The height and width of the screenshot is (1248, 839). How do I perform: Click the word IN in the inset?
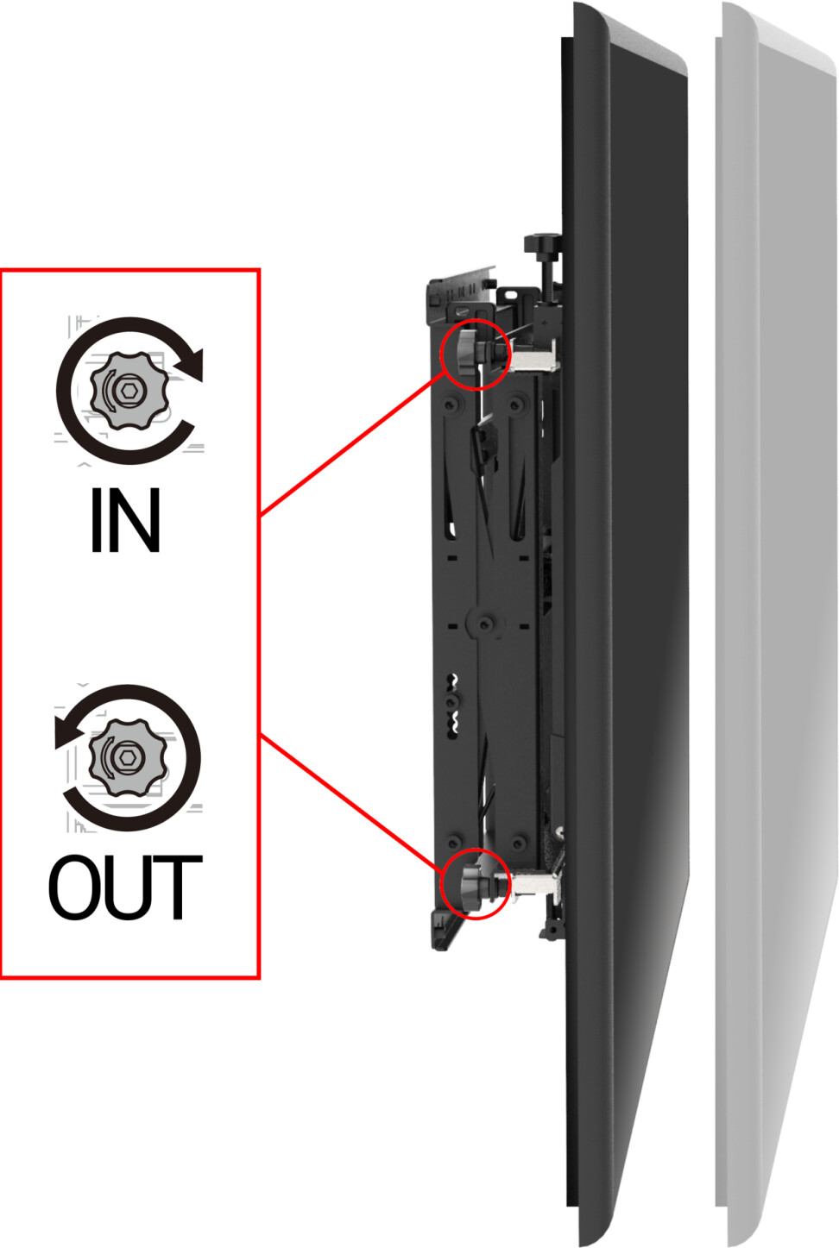click(126, 520)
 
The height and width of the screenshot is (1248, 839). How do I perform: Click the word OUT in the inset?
click(125, 887)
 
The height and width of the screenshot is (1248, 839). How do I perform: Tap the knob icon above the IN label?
click(129, 391)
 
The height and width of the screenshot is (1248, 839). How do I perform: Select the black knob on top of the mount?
click(542, 245)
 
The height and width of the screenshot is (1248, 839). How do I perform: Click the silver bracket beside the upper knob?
click(534, 356)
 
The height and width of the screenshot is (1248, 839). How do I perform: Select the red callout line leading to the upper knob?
click(352, 445)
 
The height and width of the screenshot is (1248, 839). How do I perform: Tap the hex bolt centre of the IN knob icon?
click(130, 391)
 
